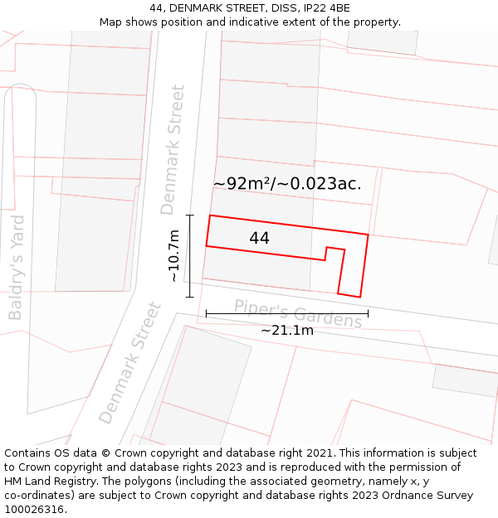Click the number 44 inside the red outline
pos(259,238)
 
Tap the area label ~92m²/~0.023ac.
pos(287,184)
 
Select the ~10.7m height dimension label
pos(173,256)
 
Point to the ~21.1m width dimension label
pos(287,330)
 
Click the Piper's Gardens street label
pos(298,313)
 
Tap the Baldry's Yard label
pos(17,267)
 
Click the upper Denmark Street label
pos(173,149)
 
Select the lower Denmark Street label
pos(130,362)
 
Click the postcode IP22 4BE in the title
pos(326,8)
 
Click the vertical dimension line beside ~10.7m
pos(189,256)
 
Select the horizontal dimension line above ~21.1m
pos(287,313)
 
